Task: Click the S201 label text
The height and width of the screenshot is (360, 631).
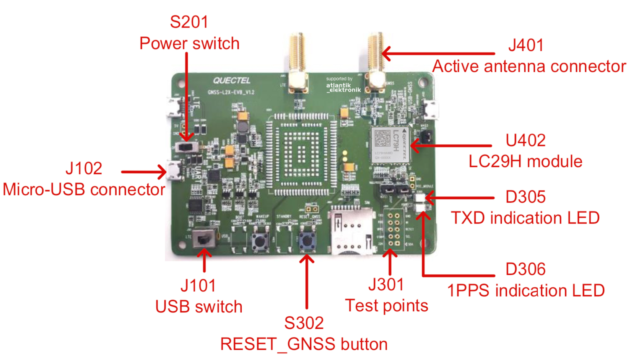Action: pyautogui.click(x=189, y=22)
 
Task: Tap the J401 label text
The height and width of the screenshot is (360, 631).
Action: pyautogui.click(x=525, y=45)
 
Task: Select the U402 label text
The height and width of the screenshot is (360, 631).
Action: pyautogui.click(x=525, y=140)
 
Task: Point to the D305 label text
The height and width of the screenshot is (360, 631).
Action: pyautogui.click(x=525, y=197)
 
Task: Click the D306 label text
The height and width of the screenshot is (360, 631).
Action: pyautogui.click(x=525, y=269)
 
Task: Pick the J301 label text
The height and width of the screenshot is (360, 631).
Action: pyautogui.click(x=386, y=285)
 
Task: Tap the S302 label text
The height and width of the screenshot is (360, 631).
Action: pyautogui.click(x=304, y=323)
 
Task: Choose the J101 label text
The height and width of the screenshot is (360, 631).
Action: pyautogui.click(x=198, y=286)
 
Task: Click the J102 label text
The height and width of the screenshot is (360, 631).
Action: pyautogui.click(x=84, y=168)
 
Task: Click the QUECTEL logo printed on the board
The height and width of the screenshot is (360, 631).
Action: pyautogui.click(x=232, y=80)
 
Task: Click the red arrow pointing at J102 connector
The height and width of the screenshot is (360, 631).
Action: pyautogui.click(x=144, y=172)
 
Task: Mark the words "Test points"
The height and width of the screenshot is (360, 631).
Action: pyautogui.click(x=386, y=306)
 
